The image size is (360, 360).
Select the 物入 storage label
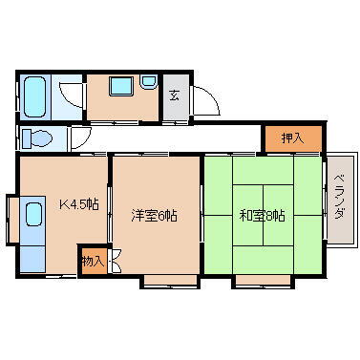coord(91,260)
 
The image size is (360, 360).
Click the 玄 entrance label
coord(175,95)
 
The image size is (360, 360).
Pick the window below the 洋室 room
coord(169,281)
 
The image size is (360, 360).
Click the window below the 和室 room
coord(260,281)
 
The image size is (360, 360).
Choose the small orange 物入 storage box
coord(93,260)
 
